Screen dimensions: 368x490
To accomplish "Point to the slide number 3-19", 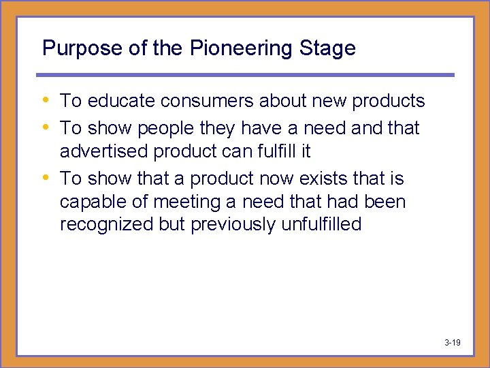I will (453, 342).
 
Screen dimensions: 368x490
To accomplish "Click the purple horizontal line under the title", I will (245, 75).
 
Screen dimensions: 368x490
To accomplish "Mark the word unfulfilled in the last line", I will (321, 225).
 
